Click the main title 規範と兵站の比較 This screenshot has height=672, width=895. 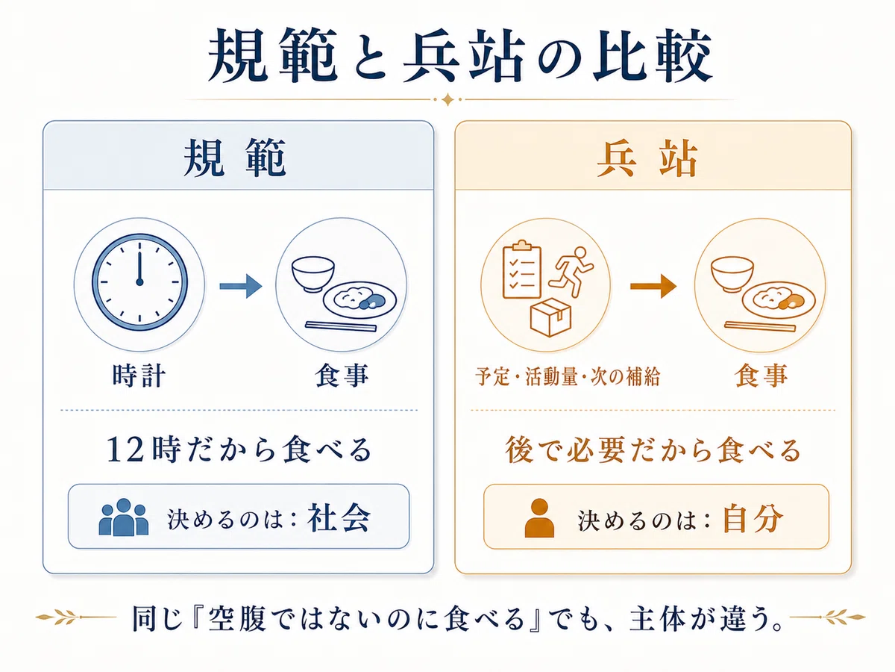pyautogui.click(x=460, y=55)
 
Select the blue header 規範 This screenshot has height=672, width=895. pyautogui.click(x=234, y=158)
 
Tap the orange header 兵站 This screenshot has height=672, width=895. pyautogui.click(x=647, y=158)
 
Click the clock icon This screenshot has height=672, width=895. pyautogui.click(x=140, y=281)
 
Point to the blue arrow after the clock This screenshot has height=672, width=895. pyautogui.click(x=241, y=286)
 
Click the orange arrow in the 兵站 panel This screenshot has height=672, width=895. pyautogui.click(x=653, y=286)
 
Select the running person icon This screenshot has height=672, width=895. pyautogui.click(x=571, y=271)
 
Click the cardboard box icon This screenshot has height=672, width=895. pyautogui.click(x=550, y=317)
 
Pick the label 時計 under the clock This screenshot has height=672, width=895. pyautogui.click(x=139, y=376)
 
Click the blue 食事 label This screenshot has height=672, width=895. pyautogui.click(x=342, y=376)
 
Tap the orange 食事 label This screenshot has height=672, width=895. pyautogui.click(x=761, y=376)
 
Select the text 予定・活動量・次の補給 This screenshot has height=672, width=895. pyautogui.click(x=567, y=376)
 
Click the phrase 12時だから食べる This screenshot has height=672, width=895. pyautogui.click(x=239, y=449)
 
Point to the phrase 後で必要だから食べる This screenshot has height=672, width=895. pyautogui.click(x=653, y=449)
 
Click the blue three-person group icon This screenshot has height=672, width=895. pyautogui.click(x=124, y=517)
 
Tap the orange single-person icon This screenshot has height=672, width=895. pyautogui.click(x=539, y=517)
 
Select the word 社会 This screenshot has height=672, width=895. pyautogui.click(x=339, y=518)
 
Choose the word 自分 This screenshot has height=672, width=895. pyautogui.click(x=753, y=518)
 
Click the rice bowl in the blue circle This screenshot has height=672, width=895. pyautogui.click(x=313, y=273)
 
